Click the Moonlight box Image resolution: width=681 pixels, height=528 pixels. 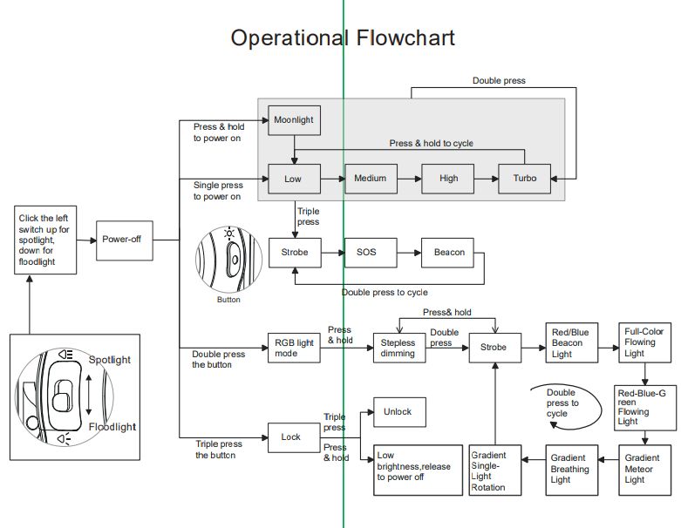point(294,120)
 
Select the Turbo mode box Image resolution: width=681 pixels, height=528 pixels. point(525,179)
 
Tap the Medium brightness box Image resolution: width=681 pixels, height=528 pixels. point(371,179)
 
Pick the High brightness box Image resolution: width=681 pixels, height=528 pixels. point(448,179)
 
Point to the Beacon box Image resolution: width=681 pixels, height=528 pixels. point(448,253)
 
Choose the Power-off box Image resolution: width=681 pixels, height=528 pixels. point(121,239)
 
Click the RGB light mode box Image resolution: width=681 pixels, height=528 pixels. point(294,348)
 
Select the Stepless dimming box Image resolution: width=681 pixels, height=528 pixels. point(398,349)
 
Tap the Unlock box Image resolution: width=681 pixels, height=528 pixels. point(398,412)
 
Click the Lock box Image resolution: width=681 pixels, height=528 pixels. point(290,437)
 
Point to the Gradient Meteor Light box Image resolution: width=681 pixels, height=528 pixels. point(646,469)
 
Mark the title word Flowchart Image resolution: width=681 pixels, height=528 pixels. point(405,37)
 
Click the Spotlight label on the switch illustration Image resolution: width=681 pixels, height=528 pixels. point(110,360)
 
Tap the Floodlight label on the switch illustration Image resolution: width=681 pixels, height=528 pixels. point(112,427)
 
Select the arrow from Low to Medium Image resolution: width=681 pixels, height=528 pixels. point(332,179)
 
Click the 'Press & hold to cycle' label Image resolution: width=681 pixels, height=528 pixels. point(432,143)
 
